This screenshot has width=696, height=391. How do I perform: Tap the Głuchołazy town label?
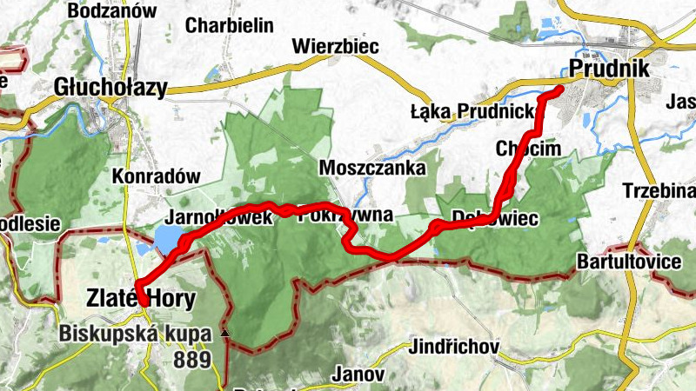click(110, 87)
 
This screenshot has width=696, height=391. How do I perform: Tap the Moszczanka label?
click(372, 167)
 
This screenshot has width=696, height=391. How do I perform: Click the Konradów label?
click(157, 176)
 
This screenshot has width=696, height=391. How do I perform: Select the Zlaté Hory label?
click(141, 299)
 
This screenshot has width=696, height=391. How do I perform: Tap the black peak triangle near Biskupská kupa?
click(225, 333)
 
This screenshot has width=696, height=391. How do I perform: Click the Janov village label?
click(358, 374)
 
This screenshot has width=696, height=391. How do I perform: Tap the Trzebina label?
click(659, 190)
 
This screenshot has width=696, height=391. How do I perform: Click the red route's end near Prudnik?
click(559, 88)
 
